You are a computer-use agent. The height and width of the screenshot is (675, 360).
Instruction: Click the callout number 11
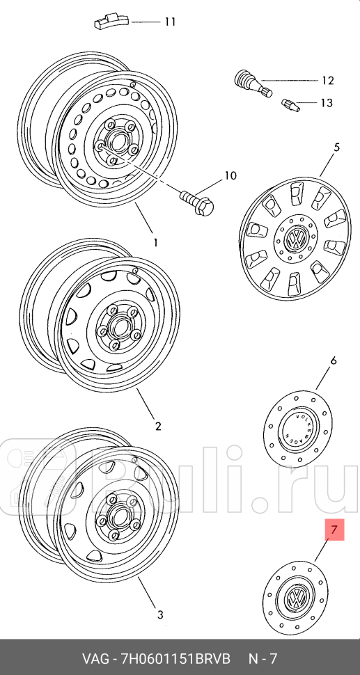click(170, 22)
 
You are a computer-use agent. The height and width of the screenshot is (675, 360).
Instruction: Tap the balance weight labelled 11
click(112, 22)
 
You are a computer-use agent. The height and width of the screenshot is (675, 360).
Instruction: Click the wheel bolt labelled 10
click(196, 202)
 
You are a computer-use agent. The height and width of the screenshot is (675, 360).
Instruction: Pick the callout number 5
click(336, 148)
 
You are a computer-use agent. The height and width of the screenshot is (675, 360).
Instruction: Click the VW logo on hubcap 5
click(297, 239)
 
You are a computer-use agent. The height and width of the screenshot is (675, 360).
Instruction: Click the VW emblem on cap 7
click(296, 597)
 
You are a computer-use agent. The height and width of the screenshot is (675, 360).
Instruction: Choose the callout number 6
click(333, 360)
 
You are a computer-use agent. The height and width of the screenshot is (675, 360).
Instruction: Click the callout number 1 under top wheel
click(155, 243)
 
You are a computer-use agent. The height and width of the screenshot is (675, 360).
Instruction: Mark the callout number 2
click(158, 426)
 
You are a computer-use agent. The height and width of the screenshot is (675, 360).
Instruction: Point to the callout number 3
click(159, 614)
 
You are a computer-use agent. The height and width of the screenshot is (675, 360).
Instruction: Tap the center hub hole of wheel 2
click(116, 326)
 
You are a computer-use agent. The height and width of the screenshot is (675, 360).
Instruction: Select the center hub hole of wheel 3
click(117, 515)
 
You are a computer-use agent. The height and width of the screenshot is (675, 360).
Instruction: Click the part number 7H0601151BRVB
click(178, 658)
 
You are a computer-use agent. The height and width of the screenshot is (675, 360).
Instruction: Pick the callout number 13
click(327, 103)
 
